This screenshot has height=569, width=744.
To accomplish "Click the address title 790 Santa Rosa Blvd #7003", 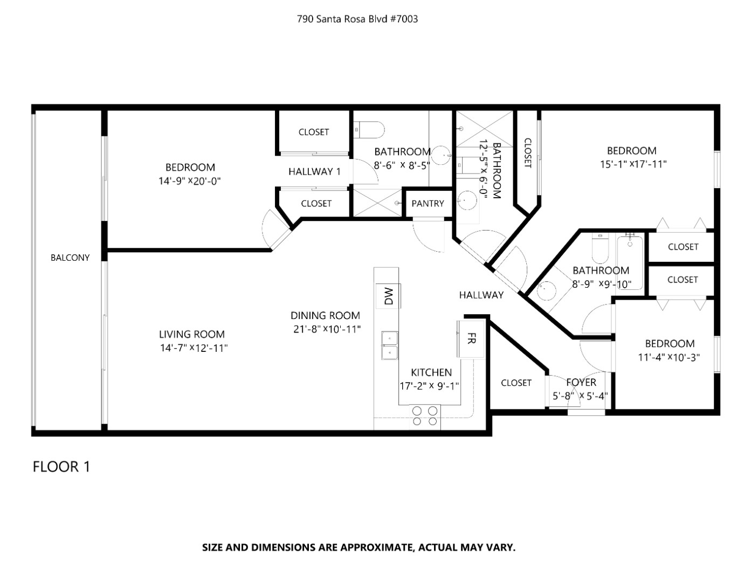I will tap(357, 19).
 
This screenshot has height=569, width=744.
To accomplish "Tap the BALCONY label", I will tap(70, 258).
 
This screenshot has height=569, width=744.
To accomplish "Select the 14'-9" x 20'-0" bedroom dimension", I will tap(190, 182).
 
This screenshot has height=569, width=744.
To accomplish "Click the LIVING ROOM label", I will tap(191, 334).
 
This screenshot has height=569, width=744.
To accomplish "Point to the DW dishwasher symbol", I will tap(389, 295).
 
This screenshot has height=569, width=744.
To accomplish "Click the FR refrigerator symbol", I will tap(470, 338).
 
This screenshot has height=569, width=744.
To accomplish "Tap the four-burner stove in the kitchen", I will tap(425, 416).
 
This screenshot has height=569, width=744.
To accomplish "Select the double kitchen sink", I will tap(389, 345).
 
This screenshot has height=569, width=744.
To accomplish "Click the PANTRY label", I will tap(428, 203).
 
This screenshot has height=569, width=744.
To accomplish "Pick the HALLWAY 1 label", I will tap(314, 172).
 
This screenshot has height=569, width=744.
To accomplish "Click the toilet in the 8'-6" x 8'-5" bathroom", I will tap(370, 129).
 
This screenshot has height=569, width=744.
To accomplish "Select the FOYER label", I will tap(581, 382).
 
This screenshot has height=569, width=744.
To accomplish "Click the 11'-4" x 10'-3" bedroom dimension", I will tap(669, 357).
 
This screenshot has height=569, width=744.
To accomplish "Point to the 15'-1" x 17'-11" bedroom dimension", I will tap(633, 164).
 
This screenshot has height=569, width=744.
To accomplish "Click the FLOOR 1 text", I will tap(61, 466).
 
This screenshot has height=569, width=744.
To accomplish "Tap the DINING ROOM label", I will tap(325, 315).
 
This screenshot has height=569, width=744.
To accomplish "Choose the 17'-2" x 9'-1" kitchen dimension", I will tap(429, 386).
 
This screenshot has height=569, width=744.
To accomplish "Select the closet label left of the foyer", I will tap(516, 383).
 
